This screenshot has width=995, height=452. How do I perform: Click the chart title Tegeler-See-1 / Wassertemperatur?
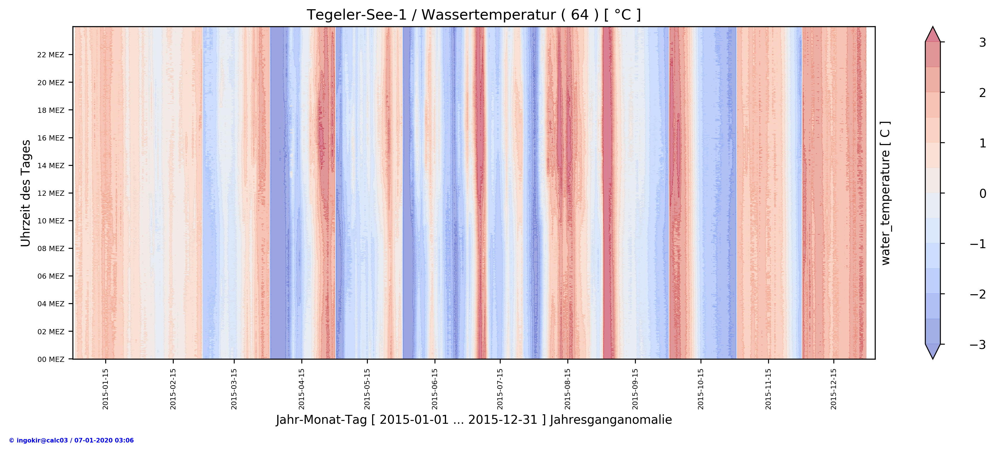474,15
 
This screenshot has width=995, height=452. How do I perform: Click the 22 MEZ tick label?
51,55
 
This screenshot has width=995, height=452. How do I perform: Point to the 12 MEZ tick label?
51,193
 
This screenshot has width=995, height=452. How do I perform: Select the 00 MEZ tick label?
51,359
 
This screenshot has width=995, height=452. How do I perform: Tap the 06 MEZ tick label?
51,276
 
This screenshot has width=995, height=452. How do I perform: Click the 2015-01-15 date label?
106,389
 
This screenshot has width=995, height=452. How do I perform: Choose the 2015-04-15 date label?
302,389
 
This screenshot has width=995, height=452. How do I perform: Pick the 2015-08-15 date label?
567,389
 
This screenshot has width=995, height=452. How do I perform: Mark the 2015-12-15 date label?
834,389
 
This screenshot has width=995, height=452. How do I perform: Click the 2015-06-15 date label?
435,389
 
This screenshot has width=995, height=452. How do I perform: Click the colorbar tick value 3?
982,43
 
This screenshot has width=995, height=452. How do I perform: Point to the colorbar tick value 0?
982,193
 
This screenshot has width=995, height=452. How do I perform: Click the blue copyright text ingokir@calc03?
71,440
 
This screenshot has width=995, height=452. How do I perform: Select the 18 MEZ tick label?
51,110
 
